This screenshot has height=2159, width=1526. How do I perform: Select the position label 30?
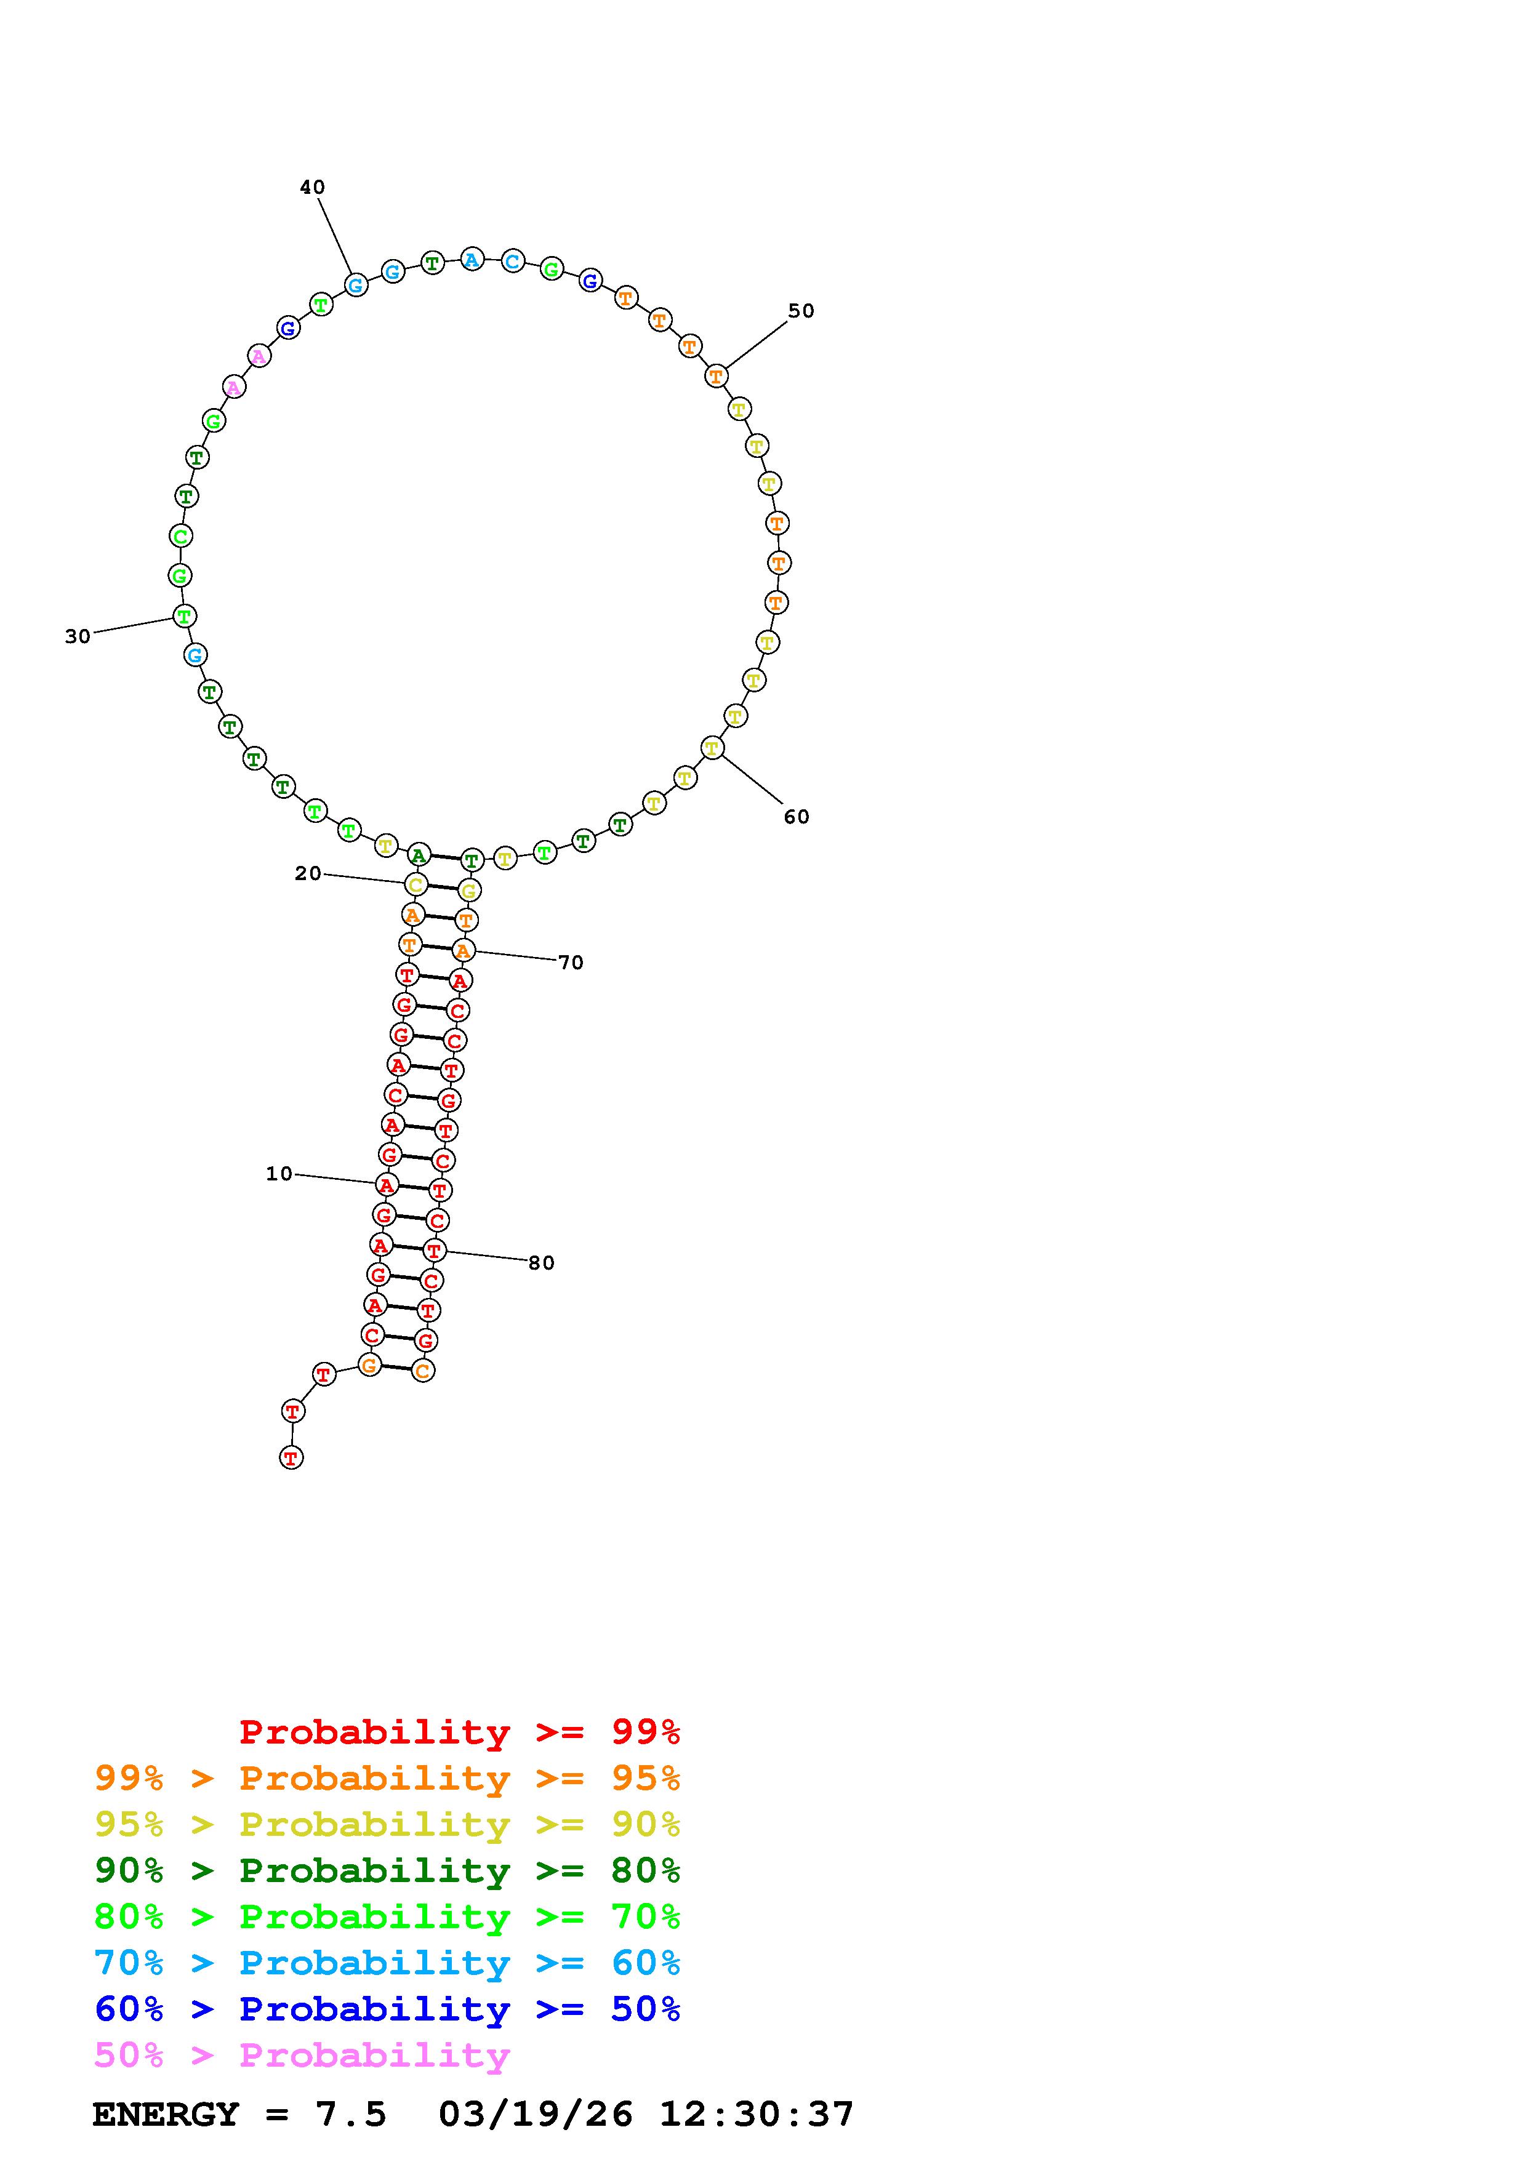(x=78, y=636)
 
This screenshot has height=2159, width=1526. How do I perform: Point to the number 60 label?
(x=797, y=816)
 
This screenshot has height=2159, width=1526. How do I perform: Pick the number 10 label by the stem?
(x=279, y=1174)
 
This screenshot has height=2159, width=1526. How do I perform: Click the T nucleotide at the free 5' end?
(x=291, y=1457)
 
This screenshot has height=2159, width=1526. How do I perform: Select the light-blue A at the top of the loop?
(x=472, y=260)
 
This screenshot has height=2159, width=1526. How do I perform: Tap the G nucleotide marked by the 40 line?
(x=355, y=284)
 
